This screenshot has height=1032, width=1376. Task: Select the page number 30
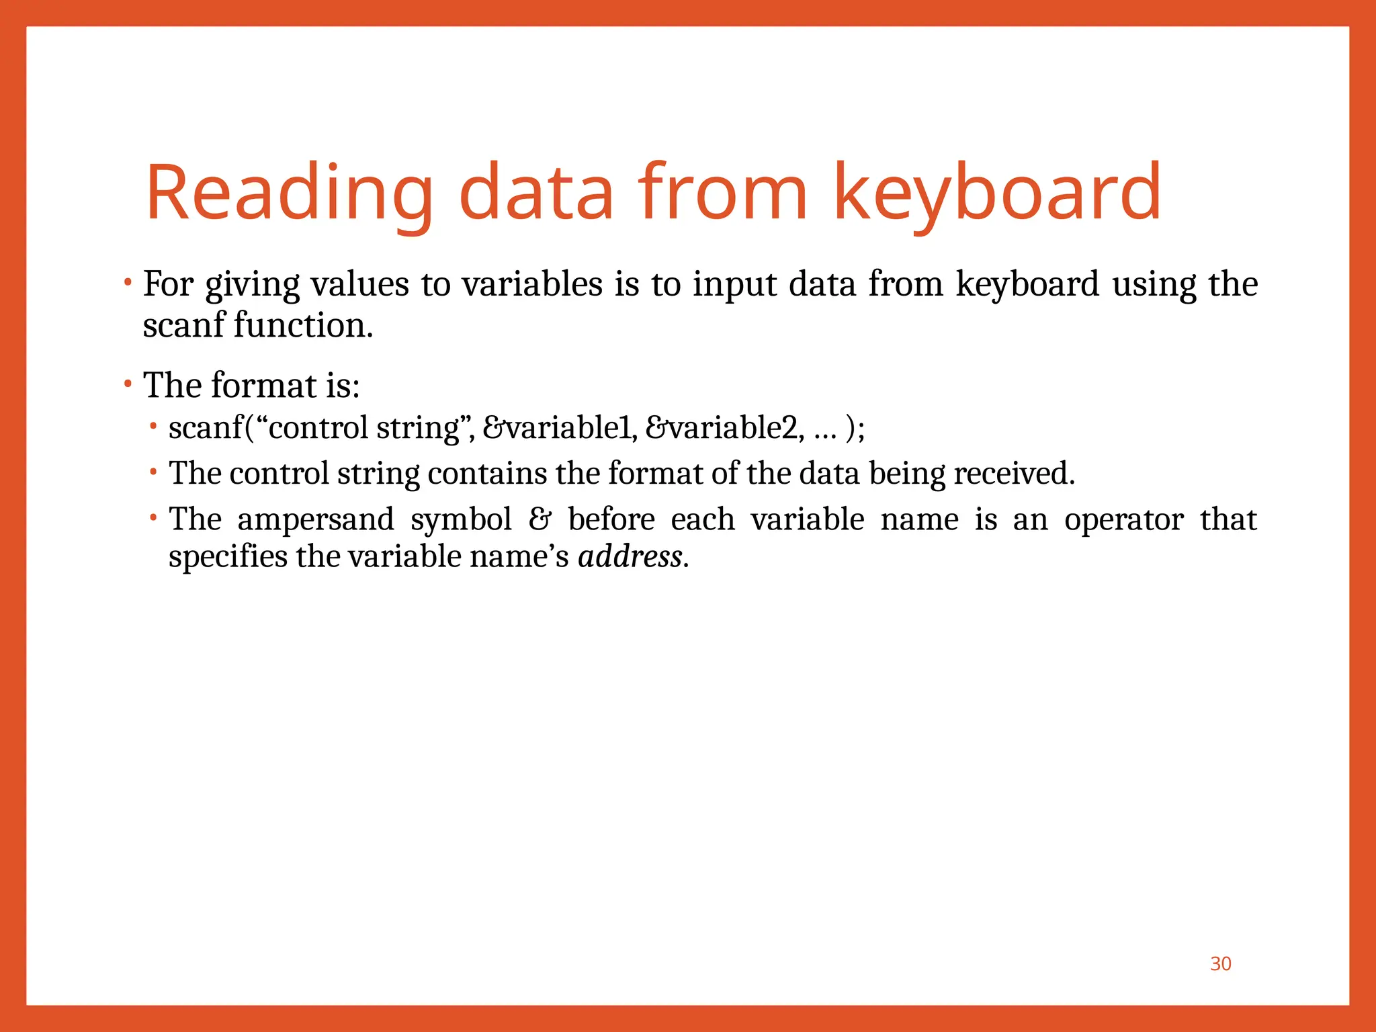pos(1220,963)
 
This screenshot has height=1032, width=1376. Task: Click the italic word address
pos(630,556)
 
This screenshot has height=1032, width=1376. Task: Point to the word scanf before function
pos(183,325)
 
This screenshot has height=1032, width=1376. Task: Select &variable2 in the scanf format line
pos(724,428)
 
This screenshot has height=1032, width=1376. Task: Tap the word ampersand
pos(315,519)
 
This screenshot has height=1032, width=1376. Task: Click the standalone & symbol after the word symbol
pos(540,519)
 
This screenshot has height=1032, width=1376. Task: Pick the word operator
pos(1123,519)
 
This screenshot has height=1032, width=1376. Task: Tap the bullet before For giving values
pos(128,282)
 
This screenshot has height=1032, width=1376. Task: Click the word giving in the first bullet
pos(252,285)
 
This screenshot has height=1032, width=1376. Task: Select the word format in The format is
pos(263,385)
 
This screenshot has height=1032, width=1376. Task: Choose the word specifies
pos(227,556)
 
